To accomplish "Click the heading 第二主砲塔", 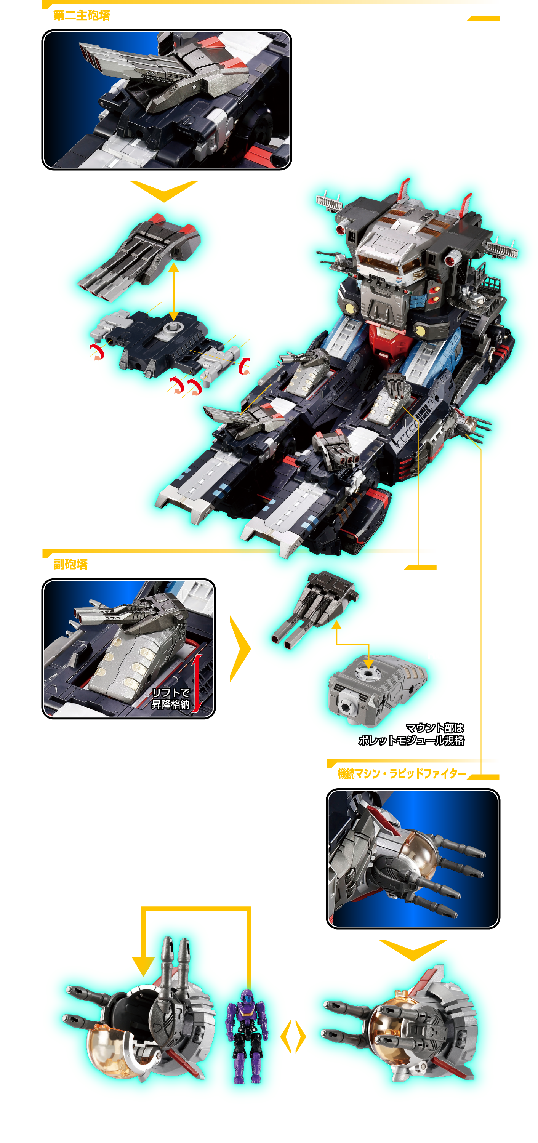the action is point(82,16).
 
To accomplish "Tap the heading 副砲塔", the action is point(70,564).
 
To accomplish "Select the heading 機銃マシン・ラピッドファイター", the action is point(402,773).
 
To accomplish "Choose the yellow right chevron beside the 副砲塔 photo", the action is point(240,649).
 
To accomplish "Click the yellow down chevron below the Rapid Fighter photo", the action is point(413,950).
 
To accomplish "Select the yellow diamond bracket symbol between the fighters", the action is point(293,1036).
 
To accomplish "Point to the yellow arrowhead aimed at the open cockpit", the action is point(143,966).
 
